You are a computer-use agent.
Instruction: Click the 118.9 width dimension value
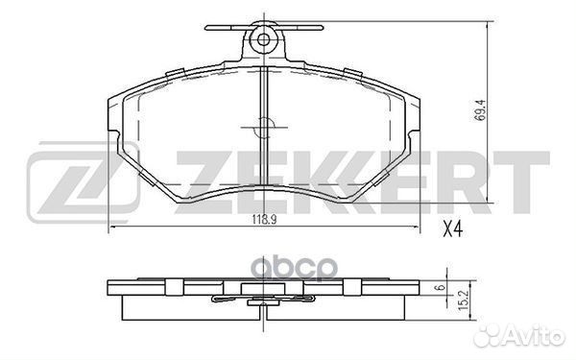point(264,220)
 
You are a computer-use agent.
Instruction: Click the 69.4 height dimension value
point(479,110)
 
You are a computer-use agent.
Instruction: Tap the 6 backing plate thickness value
point(442,287)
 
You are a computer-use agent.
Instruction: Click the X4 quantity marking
point(452,229)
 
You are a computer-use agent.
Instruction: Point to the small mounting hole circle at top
point(263,39)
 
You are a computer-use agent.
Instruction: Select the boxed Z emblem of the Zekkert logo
point(83,182)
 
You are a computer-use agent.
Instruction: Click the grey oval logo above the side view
point(296,269)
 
